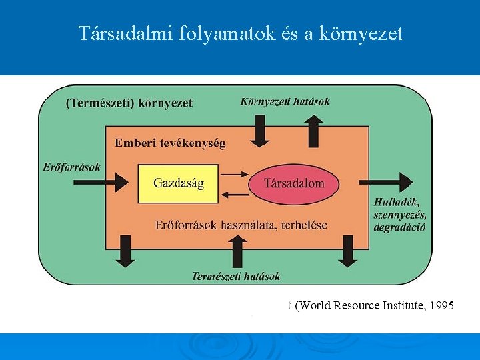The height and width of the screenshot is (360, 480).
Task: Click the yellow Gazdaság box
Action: click(178, 183)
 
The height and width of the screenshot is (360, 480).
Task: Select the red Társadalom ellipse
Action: click(294, 183)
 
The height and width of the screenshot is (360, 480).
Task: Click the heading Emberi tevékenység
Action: click(170, 143)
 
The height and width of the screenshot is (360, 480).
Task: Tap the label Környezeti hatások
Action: click(285, 102)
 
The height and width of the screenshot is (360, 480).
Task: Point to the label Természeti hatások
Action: click(236, 276)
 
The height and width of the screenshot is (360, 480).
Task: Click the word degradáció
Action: click(400, 228)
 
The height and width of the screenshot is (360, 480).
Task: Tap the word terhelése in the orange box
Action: click(304, 225)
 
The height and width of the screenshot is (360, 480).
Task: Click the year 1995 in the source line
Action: click(441, 305)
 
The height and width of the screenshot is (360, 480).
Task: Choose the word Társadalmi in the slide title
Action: click(125, 33)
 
